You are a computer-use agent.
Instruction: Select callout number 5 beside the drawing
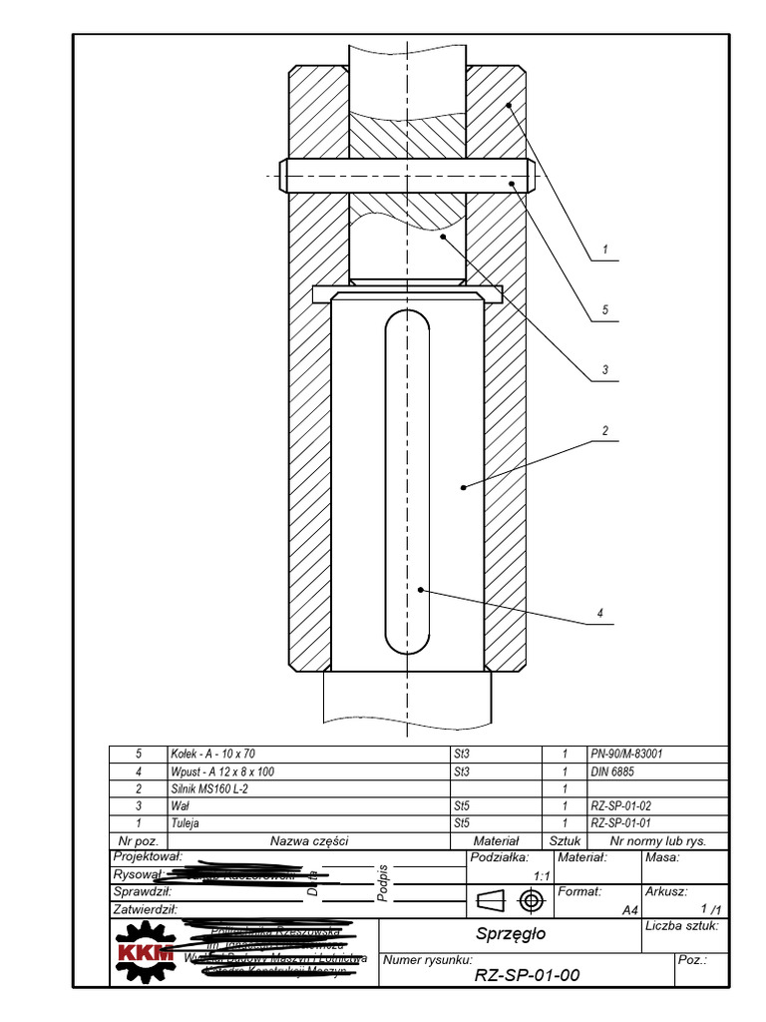click(604, 311)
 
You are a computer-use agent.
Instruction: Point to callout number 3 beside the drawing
click(604, 370)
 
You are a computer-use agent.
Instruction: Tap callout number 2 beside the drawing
click(604, 431)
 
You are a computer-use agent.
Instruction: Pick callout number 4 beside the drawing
click(601, 613)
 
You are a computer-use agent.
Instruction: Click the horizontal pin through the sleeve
click(408, 177)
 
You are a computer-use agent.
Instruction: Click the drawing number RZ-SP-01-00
click(526, 975)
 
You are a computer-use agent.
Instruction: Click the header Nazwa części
click(309, 841)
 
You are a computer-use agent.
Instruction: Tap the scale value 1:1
click(543, 875)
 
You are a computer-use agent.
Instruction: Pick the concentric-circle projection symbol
click(532, 902)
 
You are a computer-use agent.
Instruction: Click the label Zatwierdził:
click(146, 909)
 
